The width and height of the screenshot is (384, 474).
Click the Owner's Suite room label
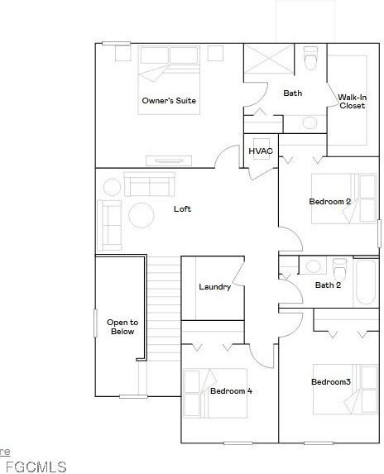pyautogui.click(x=169, y=101)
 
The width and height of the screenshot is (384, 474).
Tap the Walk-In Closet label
pyautogui.click(x=352, y=101)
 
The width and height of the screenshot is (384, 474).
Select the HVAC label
pyautogui.click(x=260, y=151)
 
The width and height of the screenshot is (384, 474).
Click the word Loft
pyautogui.click(x=182, y=208)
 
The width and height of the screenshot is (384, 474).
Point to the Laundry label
pyautogui.click(x=214, y=287)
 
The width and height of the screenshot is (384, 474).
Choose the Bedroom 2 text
pyautogui.click(x=330, y=202)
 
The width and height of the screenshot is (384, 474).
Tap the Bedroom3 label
pyautogui.click(x=331, y=381)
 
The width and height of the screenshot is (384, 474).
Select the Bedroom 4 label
pyautogui.click(x=231, y=390)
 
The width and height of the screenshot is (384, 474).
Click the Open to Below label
pyautogui.click(x=122, y=327)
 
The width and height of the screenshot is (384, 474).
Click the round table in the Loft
pyautogui.click(x=141, y=215)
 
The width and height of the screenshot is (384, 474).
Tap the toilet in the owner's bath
pyautogui.click(x=311, y=59)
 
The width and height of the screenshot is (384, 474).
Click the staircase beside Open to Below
pyautogui.click(x=164, y=306)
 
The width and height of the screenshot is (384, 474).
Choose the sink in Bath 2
pyautogui.click(x=313, y=266)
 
